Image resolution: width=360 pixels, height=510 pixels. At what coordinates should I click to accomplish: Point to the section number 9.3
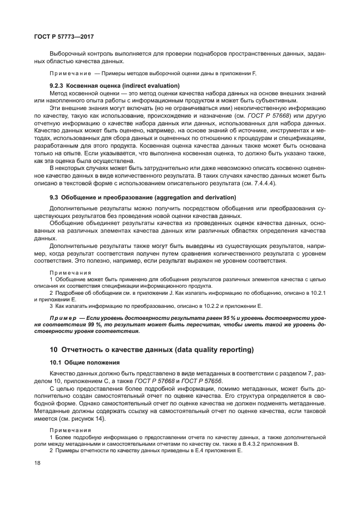tap(54, 197)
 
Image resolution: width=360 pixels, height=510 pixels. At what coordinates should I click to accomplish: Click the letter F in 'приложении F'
tap(254, 73)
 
